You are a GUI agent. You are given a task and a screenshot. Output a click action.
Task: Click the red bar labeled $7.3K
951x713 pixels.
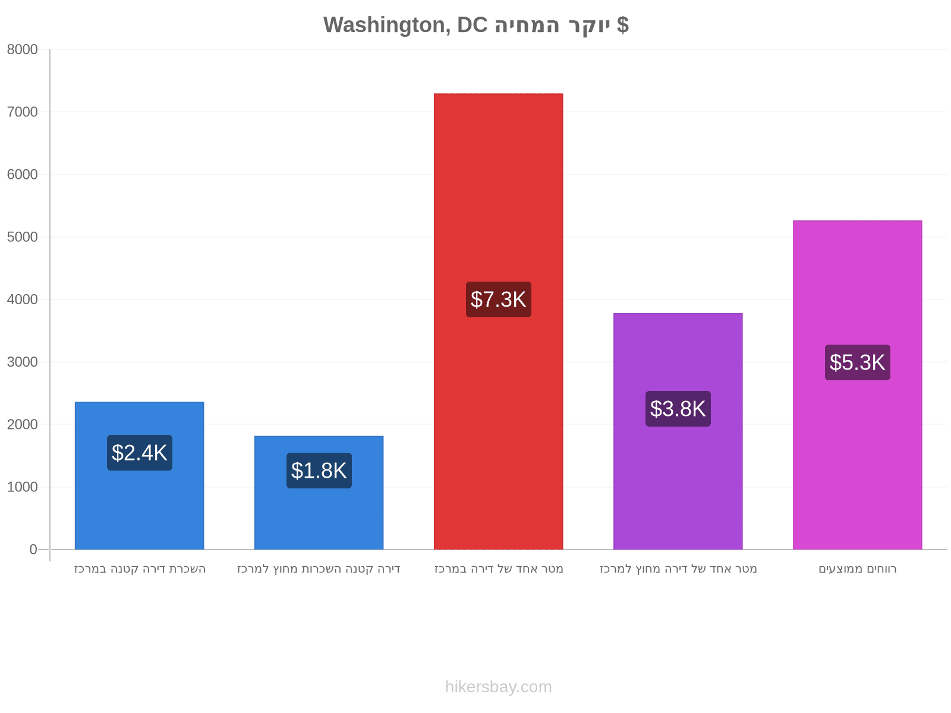498,321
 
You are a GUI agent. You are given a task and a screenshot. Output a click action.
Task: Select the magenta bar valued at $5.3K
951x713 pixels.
858,385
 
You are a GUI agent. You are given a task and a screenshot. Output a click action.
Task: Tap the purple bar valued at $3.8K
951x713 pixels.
678,431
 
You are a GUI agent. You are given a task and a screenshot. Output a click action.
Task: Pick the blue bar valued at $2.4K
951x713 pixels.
140,476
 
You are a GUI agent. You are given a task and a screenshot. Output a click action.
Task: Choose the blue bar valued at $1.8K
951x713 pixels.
319,493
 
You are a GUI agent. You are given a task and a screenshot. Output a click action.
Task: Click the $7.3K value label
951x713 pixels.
499,299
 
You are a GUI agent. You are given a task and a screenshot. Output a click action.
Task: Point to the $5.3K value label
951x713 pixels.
858,362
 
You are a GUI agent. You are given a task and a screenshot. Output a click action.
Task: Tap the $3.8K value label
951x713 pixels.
678,409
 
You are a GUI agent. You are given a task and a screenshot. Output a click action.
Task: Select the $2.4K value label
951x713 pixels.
140,453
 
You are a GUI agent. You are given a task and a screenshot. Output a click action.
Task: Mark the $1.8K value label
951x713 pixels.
319,471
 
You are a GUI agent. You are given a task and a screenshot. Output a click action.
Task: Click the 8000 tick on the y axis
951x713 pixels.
22,49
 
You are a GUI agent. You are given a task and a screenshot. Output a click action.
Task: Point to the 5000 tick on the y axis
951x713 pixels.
22,237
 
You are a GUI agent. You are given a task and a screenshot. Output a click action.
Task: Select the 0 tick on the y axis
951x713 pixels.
33,550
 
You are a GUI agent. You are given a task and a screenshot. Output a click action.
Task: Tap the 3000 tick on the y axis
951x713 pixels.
22,362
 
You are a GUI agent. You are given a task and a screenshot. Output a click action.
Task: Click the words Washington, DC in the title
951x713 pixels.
405,25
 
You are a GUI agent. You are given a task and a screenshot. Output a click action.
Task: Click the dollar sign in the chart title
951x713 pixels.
622,25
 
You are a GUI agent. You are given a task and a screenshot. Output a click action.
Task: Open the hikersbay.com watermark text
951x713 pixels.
498,687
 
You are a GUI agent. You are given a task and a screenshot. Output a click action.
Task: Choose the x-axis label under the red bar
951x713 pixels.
499,569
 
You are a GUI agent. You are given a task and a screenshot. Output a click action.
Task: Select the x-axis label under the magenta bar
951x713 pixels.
858,569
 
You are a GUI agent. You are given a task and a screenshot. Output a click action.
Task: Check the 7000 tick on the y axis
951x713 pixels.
22,112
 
